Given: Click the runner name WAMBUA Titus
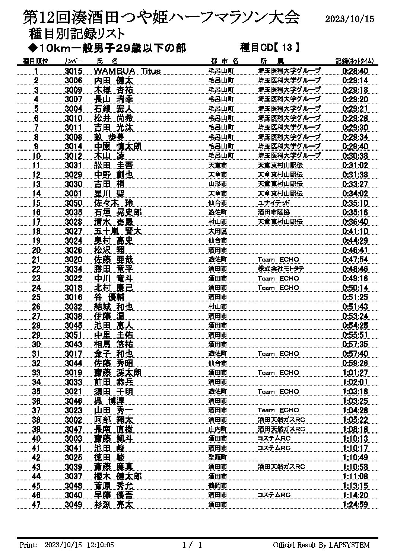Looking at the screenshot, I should coord(127,71).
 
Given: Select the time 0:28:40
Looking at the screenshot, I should coord(355,71).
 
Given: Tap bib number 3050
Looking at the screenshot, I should coord(73,203).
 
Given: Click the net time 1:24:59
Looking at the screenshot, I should coord(355,505).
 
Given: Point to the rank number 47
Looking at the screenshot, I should coord(36,505).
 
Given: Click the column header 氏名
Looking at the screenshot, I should coord(107,61).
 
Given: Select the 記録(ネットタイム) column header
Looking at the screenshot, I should coord(355,61).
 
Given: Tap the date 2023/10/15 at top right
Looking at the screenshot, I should coord(349,19).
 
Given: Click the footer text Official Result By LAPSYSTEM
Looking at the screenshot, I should coord(321,545).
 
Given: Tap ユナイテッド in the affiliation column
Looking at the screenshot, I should coord(274,203).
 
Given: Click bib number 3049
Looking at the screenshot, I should coord(73,505).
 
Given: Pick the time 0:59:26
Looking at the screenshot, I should coord(355,363).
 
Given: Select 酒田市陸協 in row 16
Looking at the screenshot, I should coord(274,212).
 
